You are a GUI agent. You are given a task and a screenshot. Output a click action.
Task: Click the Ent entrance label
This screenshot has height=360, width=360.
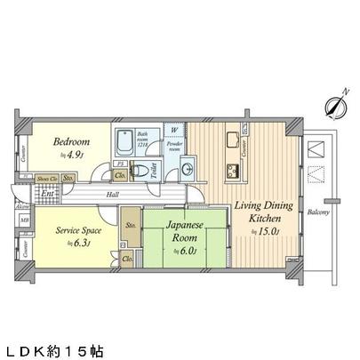coord(46,192)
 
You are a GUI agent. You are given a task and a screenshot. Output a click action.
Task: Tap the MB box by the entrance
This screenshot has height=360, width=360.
coord(25,219)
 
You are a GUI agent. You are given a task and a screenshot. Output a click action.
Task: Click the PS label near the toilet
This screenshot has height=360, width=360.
coord(120,164)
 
